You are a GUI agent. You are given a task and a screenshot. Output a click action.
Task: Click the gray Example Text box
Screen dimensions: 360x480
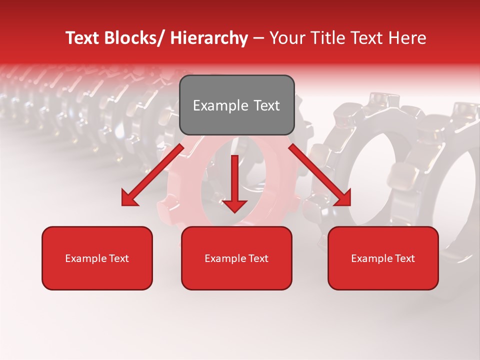point(236,105)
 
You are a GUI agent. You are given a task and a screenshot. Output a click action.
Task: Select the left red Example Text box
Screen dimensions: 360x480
point(97,258)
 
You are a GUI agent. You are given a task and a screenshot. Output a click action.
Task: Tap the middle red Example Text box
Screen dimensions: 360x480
point(236,258)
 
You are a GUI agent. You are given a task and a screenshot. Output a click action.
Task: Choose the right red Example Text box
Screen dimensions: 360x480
point(383,258)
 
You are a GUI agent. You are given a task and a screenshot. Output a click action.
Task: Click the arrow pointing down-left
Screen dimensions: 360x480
point(152,175)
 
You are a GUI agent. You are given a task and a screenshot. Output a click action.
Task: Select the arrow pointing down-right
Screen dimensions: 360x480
point(319,175)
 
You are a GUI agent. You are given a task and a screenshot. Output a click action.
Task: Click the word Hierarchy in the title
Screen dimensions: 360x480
point(209,38)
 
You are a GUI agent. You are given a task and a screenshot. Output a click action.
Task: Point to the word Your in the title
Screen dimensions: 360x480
point(286,38)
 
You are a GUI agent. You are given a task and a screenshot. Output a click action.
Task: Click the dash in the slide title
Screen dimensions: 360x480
point(258,38)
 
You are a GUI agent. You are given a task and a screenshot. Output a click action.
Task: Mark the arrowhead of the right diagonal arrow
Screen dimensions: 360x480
point(342,198)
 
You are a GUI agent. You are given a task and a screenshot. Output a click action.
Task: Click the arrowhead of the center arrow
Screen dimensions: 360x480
point(235,205)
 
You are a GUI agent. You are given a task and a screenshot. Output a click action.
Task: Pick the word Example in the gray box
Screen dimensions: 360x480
point(218,105)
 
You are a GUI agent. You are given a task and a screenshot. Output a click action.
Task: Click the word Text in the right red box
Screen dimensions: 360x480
point(404,258)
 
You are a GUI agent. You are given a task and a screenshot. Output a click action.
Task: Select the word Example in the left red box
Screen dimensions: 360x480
point(85,258)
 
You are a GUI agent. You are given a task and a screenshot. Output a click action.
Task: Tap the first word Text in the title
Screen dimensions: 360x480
point(82,38)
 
